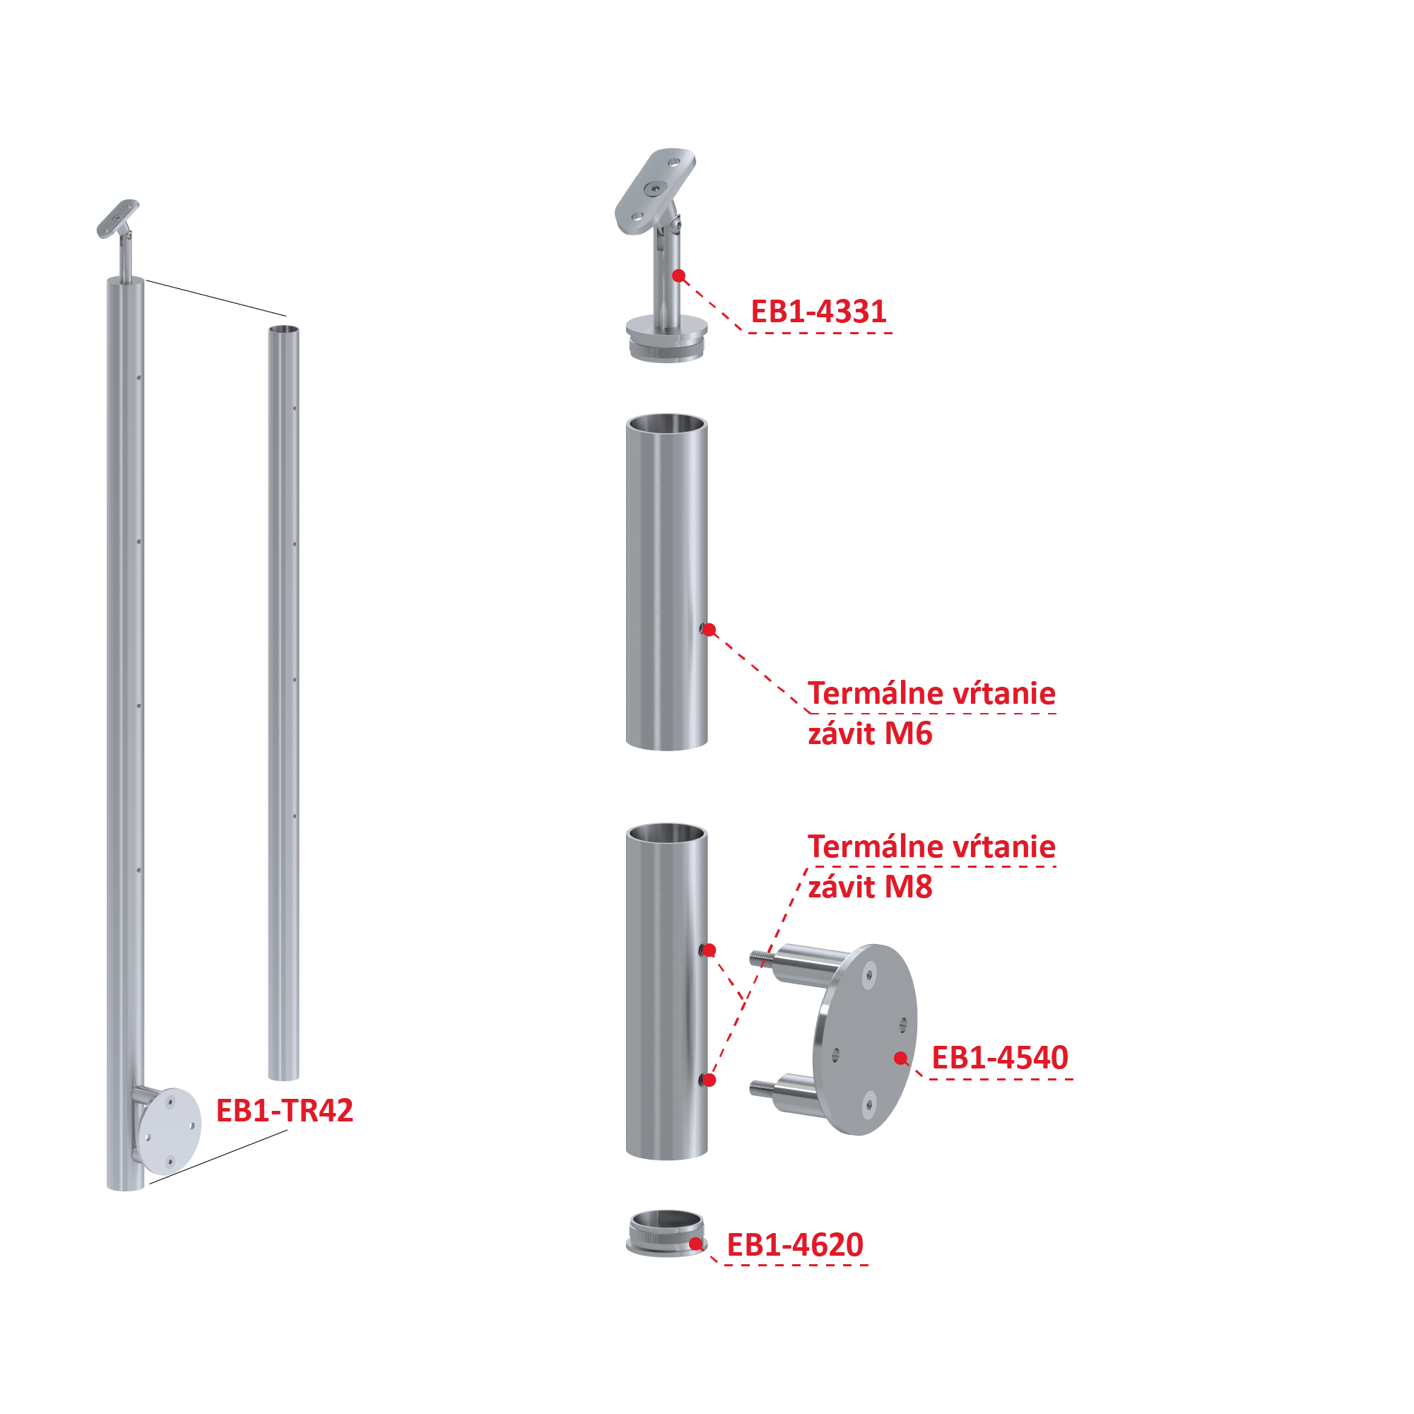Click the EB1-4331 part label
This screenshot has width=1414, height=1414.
818,312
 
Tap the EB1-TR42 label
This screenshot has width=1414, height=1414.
284,1110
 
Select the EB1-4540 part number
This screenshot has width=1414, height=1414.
999,1058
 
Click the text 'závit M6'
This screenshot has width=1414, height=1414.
869,733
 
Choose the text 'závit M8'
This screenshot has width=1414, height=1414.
869,886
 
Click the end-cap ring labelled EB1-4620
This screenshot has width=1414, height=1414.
665,1235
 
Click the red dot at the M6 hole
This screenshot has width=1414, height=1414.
709,630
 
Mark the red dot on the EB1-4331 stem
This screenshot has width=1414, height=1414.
678,276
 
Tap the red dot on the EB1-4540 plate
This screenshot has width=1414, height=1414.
900,1058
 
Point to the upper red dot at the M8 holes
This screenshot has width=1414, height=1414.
709,950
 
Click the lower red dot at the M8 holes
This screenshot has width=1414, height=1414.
709,1080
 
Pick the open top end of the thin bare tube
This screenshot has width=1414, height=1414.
283,329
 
